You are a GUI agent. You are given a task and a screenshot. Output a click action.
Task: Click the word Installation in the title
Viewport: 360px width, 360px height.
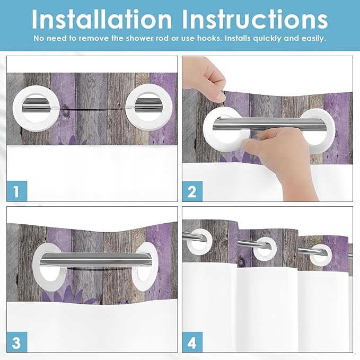point(102,19)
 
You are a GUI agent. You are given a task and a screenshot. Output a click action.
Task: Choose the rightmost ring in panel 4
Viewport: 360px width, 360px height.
point(321,254)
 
